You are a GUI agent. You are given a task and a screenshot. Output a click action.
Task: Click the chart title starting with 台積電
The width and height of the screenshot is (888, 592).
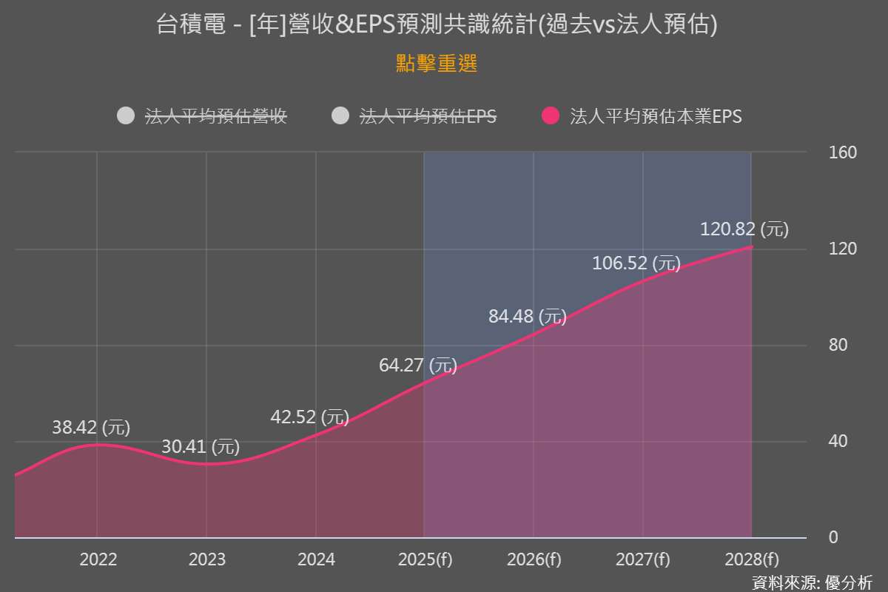coord(437,25)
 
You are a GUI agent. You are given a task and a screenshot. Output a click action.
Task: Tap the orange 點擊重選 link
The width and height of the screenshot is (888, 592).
coord(437,64)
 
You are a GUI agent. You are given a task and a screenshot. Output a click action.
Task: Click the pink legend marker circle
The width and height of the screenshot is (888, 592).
coord(551,116)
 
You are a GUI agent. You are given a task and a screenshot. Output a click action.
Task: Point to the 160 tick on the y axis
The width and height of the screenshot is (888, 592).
coord(842,152)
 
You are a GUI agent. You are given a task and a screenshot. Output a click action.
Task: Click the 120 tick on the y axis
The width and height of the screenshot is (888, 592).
coord(842,249)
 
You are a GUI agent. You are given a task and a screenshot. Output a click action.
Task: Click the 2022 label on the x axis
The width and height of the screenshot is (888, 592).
coord(98,559)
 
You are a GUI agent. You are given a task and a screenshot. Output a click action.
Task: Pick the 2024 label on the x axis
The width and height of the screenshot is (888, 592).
coord(316,559)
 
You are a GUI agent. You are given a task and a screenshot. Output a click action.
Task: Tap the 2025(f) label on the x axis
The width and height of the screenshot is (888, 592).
coord(425,559)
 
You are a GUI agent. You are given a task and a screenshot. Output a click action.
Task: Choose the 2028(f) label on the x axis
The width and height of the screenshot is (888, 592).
coord(752,559)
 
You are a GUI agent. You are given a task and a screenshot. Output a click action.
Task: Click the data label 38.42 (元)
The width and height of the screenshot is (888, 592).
coord(91,427)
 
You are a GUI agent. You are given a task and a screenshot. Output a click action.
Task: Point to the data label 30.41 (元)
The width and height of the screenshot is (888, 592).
coord(201,447)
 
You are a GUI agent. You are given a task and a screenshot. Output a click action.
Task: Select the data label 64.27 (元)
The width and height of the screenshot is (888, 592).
coord(418,365)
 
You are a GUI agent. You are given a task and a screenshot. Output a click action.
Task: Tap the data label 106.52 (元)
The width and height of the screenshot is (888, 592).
coord(636,263)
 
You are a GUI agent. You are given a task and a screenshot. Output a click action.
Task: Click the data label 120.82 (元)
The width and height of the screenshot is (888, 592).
coord(744,229)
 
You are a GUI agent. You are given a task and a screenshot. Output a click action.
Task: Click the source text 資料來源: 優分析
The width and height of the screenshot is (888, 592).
coord(812,582)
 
